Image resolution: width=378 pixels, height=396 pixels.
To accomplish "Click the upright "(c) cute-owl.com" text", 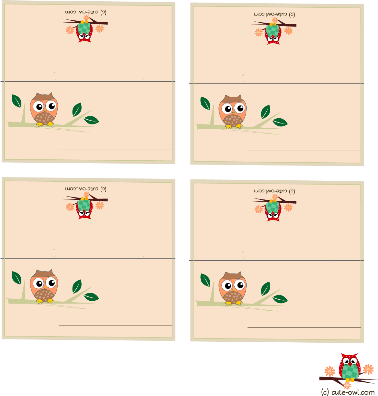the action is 348,392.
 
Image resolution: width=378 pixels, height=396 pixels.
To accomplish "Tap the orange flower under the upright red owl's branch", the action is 347,385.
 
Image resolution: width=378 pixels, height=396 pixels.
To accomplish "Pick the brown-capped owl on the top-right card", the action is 232,112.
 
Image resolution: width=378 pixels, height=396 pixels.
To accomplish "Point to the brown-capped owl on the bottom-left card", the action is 44,286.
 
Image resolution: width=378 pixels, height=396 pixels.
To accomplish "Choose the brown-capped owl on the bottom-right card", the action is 232,288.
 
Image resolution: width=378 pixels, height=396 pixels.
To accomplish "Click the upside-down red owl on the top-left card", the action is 84,31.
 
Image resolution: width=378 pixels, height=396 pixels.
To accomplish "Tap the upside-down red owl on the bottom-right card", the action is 273,210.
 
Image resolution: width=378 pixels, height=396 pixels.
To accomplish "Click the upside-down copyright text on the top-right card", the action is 274,14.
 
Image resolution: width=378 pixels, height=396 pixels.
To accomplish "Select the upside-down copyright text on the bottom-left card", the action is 85,189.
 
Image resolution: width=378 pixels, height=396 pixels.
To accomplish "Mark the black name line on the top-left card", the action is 116,149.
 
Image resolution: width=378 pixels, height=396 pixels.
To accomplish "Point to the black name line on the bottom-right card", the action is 304,328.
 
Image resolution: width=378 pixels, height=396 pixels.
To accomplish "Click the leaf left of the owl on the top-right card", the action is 205,103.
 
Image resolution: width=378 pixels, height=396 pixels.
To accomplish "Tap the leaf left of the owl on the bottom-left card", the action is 17,278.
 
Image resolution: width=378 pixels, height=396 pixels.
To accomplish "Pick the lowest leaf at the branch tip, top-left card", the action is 91,120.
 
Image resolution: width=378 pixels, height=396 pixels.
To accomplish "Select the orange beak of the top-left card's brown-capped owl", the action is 45,111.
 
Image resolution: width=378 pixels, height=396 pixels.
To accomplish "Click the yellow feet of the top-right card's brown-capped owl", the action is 234,126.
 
